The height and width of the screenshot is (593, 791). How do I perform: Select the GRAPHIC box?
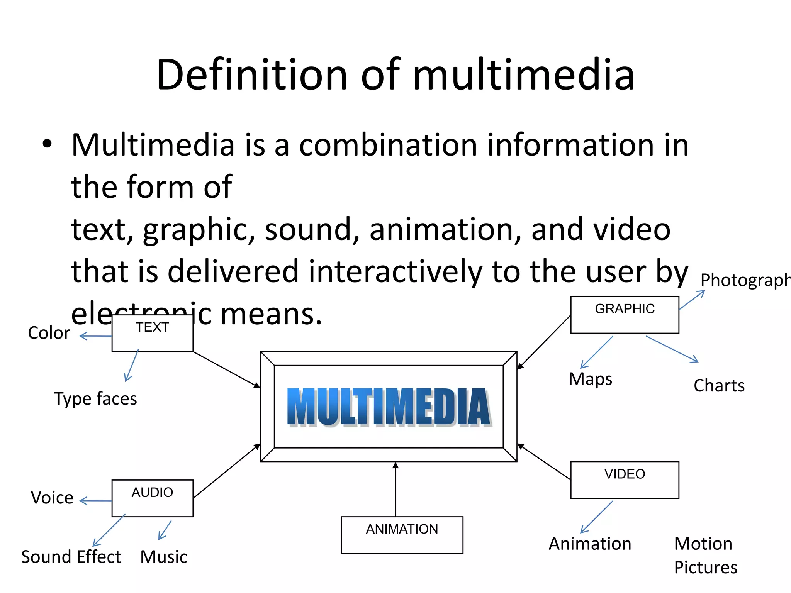coord(624,314)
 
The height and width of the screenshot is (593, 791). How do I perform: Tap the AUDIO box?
coord(152,498)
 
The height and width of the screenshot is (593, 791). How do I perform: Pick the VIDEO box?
coord(624,479)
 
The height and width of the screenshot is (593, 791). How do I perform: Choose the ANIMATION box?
coord(402,535)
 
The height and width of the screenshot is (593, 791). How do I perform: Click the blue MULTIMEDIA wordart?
coord(389,407)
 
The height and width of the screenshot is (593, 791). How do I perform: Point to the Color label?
coord(49,333)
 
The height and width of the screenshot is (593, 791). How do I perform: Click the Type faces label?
coord(95,399)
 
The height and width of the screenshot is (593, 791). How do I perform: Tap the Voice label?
coord(52,498)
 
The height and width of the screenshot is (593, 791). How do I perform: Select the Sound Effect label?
coord(71,557)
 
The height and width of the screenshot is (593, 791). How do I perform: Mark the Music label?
coord(164,557)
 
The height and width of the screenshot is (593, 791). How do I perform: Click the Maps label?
coord(590,379)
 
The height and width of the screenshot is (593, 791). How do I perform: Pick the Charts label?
coord(719,385)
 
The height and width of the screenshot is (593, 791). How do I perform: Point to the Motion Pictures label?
coord(705,555)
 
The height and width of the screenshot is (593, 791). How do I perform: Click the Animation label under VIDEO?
coord(590,544)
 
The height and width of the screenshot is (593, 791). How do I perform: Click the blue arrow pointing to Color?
coord(95,336)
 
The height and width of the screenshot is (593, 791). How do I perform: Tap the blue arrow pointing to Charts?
coord(672,349)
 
